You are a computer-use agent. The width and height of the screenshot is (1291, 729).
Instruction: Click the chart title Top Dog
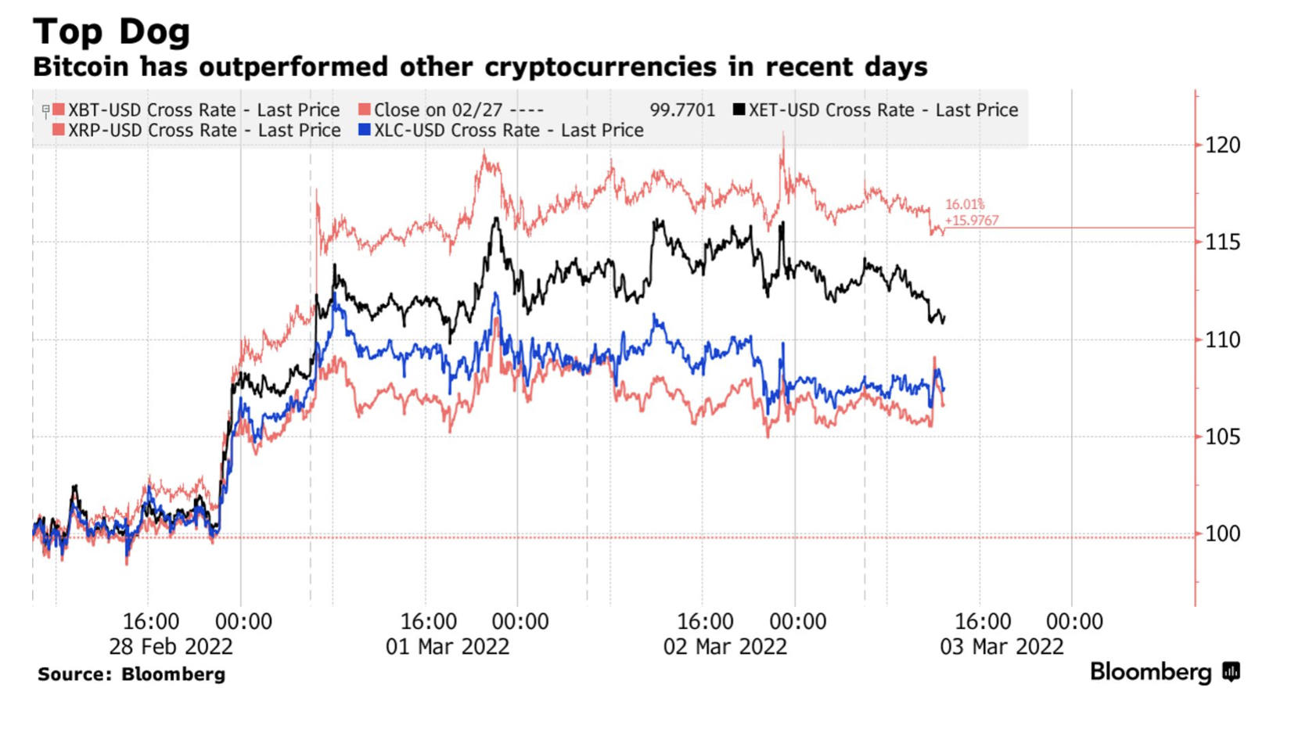point(112,31)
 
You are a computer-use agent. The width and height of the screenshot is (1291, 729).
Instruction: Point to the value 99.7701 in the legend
point(682,110)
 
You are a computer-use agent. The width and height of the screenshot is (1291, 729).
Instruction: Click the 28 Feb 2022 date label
point(171,647)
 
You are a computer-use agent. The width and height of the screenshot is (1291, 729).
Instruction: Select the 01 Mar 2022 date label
point(448,647)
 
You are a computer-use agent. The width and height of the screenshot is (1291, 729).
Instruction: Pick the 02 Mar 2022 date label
point(725,647)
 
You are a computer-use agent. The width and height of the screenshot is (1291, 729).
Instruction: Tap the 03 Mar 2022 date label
point(1002,647)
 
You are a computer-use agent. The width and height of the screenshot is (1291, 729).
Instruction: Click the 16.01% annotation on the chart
point(965,205)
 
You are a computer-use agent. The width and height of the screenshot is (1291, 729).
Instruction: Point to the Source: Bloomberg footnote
point(131,674)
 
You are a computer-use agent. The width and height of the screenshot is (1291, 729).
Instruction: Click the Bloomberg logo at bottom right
point(1164,672)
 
